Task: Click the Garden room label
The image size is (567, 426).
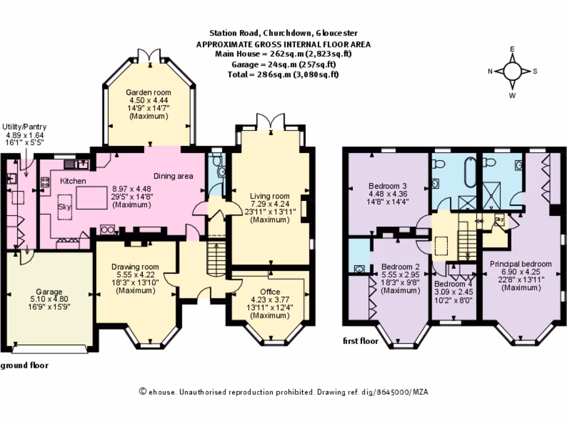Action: [x=148, y=92]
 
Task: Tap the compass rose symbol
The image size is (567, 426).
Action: [x=513, y=71]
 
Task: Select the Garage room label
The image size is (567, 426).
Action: [x=49, y=292]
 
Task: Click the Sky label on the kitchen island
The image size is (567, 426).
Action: [x=64, y=206]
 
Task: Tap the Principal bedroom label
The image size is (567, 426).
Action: [x=520, y=263]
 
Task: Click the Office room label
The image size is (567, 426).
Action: [x=270, y=292]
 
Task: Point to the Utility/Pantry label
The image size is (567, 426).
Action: [x=24, y=126]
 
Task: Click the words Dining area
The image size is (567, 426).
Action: [x=173, y=176]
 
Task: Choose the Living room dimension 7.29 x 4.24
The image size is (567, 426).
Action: [x=270, y=204]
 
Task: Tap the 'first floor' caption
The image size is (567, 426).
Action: [x=360, y=341]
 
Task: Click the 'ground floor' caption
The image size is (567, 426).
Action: [x=24, y=366]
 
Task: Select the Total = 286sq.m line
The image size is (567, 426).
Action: [x=283, y=74]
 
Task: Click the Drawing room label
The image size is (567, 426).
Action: [x=136, y=267]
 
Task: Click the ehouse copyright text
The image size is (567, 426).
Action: [x=283, y=392]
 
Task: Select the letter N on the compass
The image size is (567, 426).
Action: [x=490, y=71]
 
